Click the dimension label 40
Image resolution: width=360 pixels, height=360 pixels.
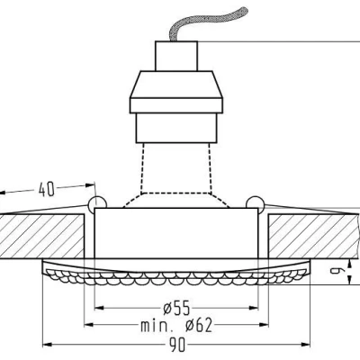coord(47,190)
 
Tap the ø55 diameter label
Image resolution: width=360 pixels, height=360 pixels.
coord(176,308)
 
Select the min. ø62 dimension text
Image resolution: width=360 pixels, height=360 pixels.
coord(176,325)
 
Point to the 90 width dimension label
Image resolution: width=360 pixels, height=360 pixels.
coord(177,345)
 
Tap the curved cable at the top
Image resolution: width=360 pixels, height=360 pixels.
coord(204,23)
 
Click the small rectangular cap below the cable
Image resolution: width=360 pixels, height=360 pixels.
coord(176,56)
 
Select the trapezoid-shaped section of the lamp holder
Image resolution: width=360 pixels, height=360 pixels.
coord(176,85)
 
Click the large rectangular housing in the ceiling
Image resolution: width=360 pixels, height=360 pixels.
coord(176,233)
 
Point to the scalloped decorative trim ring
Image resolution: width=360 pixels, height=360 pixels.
coord(176,272)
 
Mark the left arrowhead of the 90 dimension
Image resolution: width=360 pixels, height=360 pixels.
coord(47,345)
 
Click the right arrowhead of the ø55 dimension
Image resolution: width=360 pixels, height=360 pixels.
coord(254,308)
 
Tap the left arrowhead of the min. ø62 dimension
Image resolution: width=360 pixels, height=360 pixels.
coord(89,325)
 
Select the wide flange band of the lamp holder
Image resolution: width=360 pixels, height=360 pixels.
coord(176,105)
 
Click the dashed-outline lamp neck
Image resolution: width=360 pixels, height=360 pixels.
coord(176,175)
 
